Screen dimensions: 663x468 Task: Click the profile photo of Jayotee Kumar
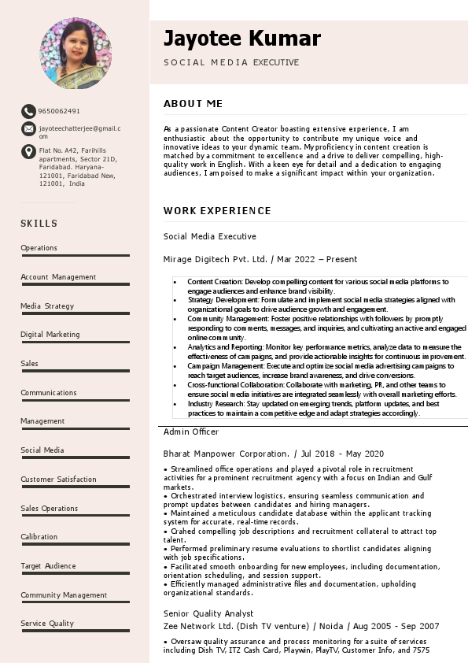[76, 53]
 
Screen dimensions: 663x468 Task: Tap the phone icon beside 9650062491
[28, 111]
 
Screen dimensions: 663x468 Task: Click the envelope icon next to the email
[28, 128]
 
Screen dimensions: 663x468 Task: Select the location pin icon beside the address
[28, 151]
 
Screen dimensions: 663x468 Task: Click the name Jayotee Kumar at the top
[241, 38]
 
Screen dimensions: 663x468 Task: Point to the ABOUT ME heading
[193, 103]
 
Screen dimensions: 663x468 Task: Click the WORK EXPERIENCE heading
[217, 210]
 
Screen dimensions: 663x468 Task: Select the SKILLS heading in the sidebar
[39, 224]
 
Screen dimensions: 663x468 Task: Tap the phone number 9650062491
[59, 111]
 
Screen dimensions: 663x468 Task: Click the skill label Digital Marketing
[50, 335]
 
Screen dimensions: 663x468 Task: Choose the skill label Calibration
[39, 537]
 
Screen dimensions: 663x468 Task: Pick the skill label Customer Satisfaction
[58, 479]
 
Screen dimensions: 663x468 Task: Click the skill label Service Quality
[47, 624]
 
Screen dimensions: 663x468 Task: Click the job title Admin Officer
[191, 432]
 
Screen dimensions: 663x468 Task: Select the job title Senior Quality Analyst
[208, 613]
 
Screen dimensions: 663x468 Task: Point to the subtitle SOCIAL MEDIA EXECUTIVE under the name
[231, 62]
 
